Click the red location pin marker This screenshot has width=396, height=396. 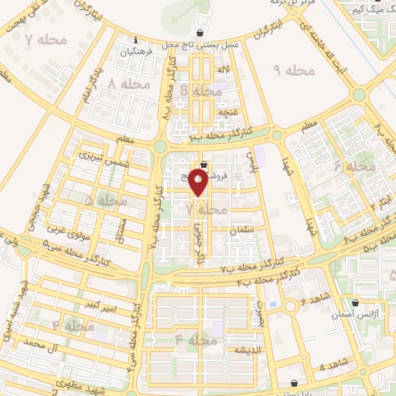point(198,183)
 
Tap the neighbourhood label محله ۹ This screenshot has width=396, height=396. point(295,70)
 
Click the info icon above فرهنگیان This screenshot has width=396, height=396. point(136,40)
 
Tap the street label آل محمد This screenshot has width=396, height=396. point(42,342)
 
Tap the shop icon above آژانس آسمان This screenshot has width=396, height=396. point(355,303)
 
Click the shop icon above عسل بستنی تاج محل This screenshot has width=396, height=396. point(200,33)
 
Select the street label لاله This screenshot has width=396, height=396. point(223,70)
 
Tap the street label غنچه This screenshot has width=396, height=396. point(227,113)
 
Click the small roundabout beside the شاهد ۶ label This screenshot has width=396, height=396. point(292,307)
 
